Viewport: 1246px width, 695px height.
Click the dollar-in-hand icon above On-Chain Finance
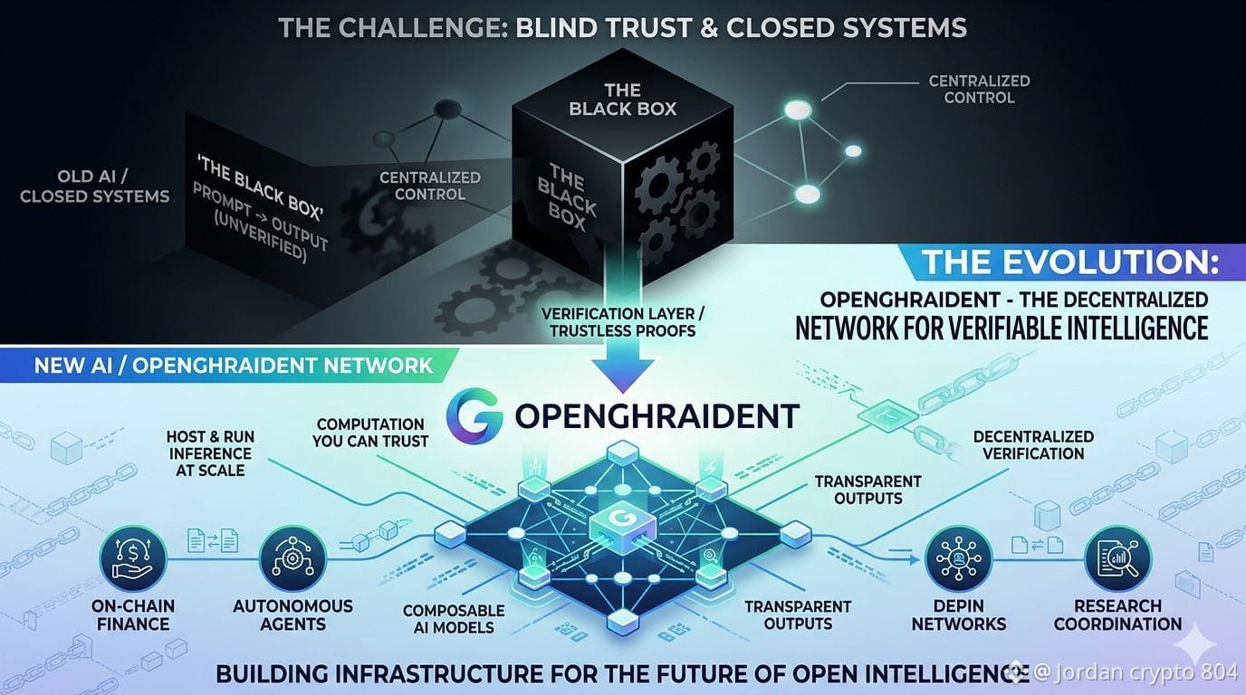pos(133,558)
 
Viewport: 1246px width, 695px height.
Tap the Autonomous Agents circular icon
pos(292,558)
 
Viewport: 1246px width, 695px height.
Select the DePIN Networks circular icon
pos(958,558)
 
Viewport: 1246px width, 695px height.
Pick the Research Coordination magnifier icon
pos(1118,558)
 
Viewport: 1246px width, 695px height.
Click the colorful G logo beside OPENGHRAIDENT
pos(474,416)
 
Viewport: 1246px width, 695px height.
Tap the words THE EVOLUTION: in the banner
pos(1067,262)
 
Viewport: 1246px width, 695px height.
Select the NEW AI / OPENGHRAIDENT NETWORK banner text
pos(233,366)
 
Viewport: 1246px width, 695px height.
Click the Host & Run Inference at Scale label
pos(210,453)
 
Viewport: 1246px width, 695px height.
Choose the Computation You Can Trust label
pos(370,433)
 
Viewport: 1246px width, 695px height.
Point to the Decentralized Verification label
pos(1033,445)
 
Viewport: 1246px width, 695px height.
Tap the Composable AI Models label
pos(454,619)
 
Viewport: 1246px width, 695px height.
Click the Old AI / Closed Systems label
pos(94,186)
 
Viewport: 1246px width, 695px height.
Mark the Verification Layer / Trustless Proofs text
pos(622,322)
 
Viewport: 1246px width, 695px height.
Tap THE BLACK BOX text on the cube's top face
pos(622,100)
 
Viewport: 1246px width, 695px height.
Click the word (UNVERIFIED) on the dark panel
pos(260,237)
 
